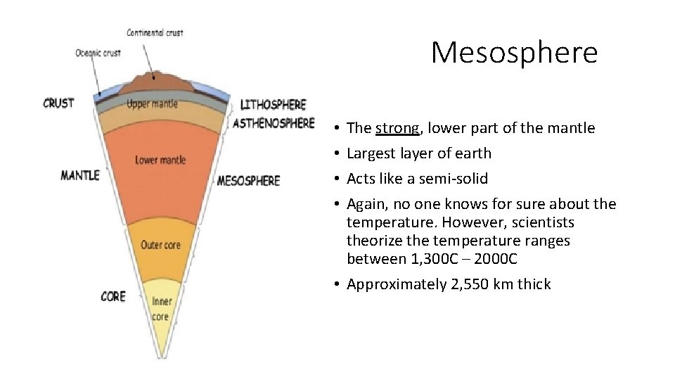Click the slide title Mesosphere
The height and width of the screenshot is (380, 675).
[x=514, y=52]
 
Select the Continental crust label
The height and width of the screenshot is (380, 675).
[x=155, y=32]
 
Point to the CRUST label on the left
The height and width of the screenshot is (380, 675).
[x=58, y=103]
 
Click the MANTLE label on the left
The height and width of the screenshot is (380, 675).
[x=79, y=175]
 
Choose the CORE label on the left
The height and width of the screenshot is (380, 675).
[x=113, y=296]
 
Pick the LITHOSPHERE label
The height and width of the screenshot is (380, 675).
[x=274, y=105]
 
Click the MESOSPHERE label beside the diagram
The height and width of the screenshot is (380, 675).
[x=248, y=181]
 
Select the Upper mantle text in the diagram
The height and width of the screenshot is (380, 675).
[x=153, y=104]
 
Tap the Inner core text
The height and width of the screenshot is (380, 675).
[x=161, y=308]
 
